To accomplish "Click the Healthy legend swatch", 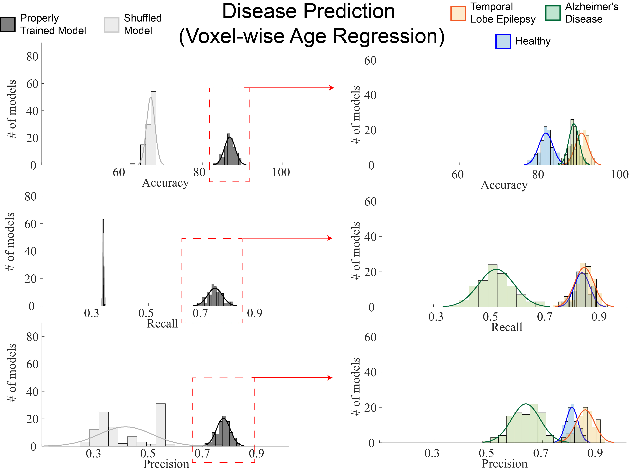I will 503,41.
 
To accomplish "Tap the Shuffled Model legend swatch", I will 111,25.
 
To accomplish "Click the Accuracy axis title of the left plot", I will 165,183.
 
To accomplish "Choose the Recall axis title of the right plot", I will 507,327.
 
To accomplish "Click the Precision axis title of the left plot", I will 166,464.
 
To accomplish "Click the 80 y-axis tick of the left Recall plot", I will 30,196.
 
